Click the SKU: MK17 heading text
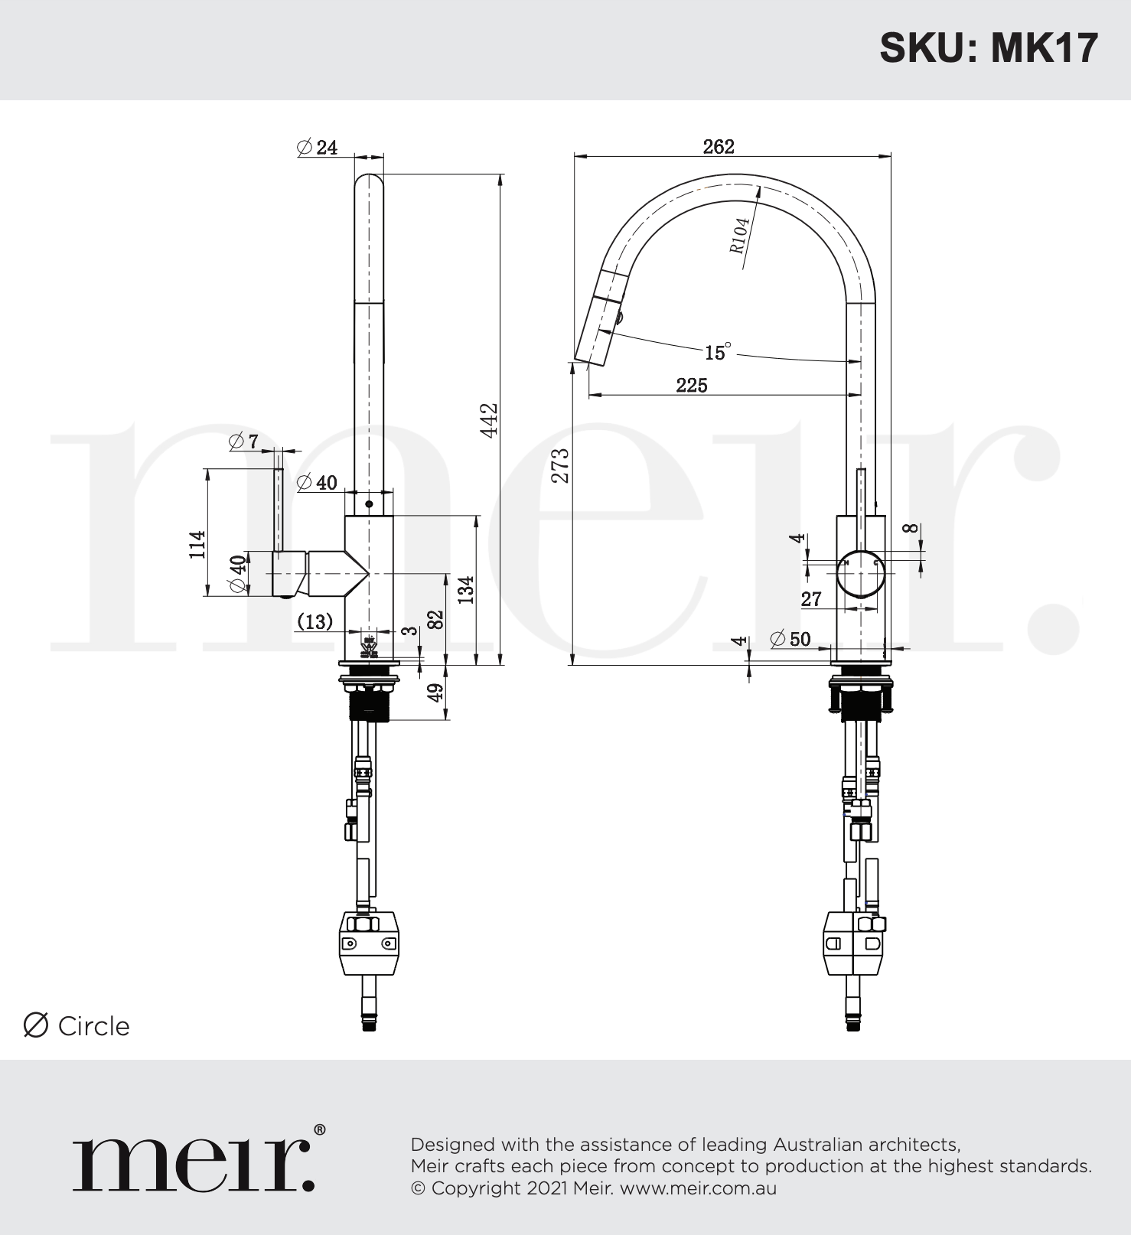click(x=989, y=48)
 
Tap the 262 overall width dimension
click(x=719, y=146)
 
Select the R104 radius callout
click(x=740, y=235)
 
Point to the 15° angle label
click(x=718, y=352)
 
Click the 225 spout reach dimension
click(x=692, y=385)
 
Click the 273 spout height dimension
click(x=561, y=465)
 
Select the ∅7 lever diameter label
click(x=244, y=441)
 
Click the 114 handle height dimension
click(x=197, y=544)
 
